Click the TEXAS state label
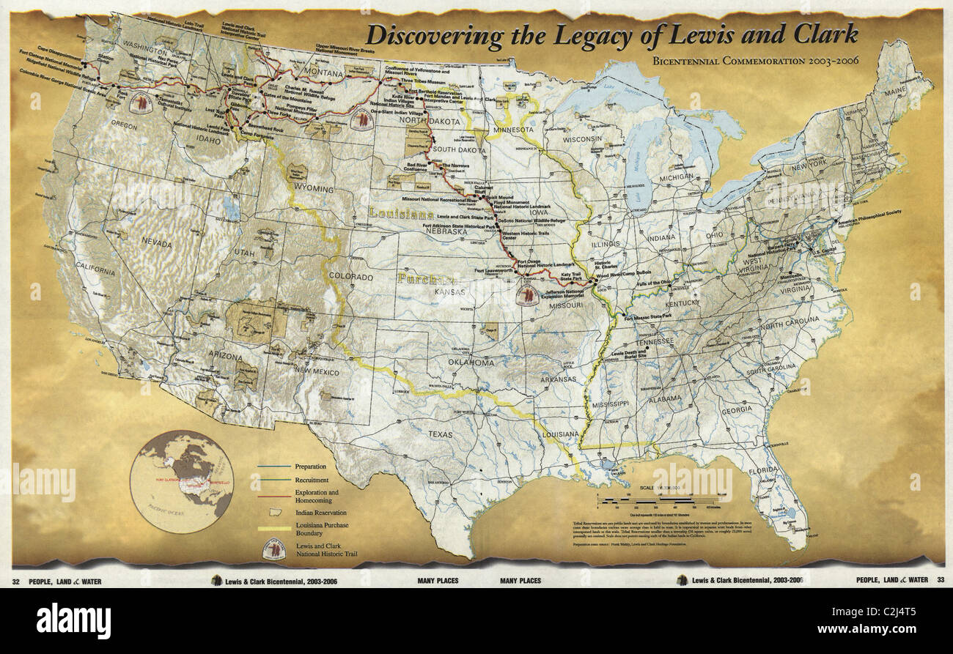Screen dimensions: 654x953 (x=441, y=434)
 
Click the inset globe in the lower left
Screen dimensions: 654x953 (x=181, y=481)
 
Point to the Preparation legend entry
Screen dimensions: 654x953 (x=310, y=467)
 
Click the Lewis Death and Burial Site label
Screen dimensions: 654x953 (x=629, y=355)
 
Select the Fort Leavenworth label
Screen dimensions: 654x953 (x=493, y=271)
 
